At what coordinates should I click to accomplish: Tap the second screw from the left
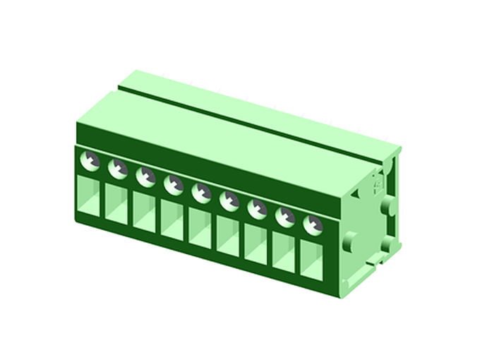118,169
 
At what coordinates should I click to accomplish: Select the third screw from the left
145,176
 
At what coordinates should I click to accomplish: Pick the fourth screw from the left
174,185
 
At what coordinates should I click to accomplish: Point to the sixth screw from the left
229,201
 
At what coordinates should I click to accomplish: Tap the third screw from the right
257,209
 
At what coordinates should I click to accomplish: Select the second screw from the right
285,217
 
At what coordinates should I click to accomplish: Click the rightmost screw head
312,225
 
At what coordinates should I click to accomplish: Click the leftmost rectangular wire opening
89,196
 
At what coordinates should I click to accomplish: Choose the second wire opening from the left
116,204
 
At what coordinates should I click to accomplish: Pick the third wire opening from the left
144,212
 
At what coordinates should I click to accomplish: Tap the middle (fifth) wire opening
200,229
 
